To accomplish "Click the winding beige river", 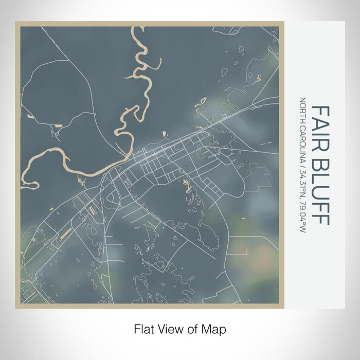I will (62, 157).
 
